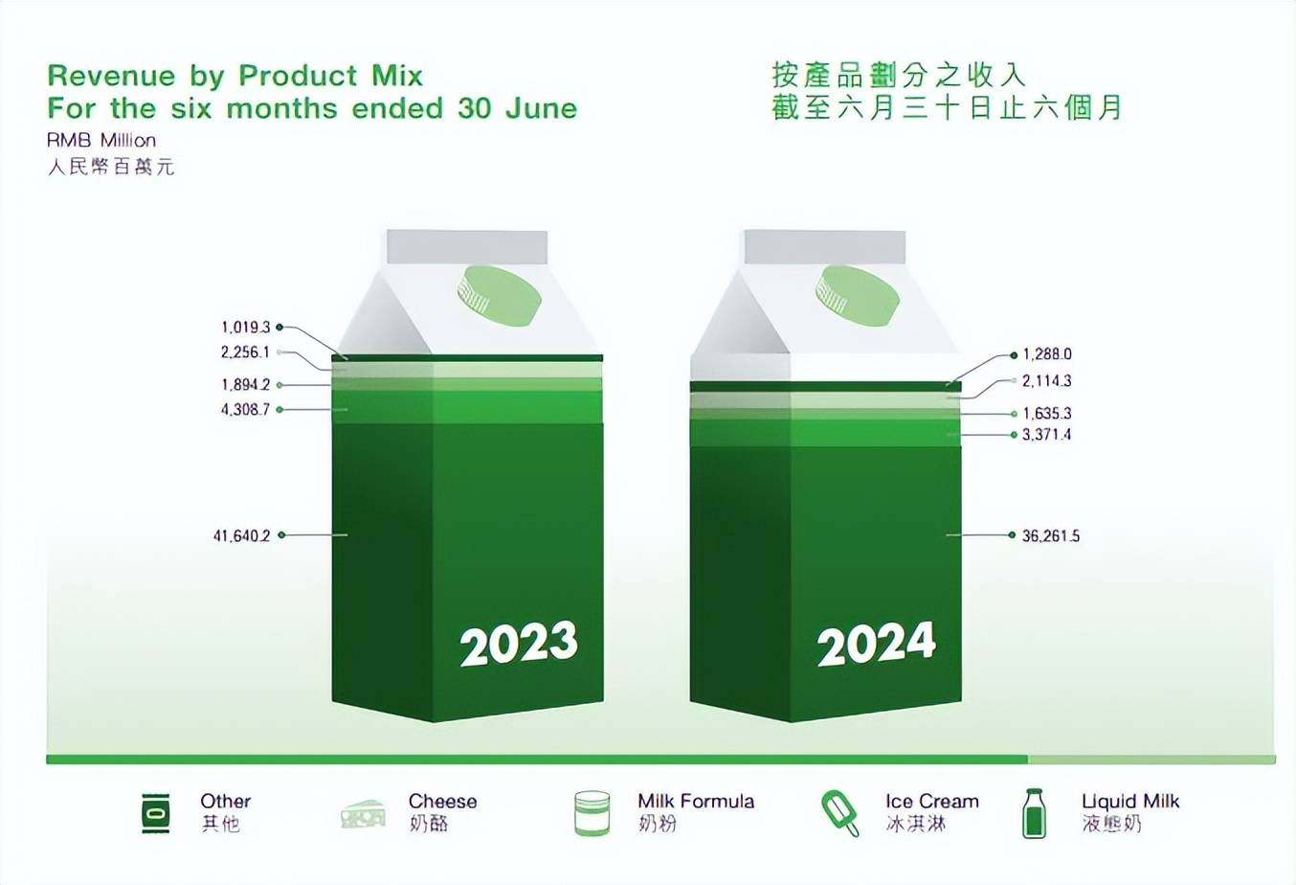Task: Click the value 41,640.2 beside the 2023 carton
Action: click(242, 536)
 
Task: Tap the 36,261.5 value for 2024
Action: click(1051, 536)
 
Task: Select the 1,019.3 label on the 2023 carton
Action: click(246, 328)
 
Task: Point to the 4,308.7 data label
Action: click(245, 410)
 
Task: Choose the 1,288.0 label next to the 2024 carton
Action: click(1047, 354)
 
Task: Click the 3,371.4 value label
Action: click(1046, 435)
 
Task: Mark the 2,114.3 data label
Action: click(1046, 381)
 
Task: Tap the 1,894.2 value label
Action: click(246, 385)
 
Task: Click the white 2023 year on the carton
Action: click(519, 643)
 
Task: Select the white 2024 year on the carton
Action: click(876, 643)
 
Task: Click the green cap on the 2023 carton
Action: click(500, 295)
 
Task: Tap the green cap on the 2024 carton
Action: click(858, 295)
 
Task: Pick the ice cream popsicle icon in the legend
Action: click(840, 812)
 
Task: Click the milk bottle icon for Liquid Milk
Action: click(1034, 812)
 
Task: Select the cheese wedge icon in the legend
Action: click(363, 814)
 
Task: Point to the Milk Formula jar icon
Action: click(592, 813)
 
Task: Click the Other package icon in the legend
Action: click(156, 813)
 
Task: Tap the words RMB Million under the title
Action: click(101, 141)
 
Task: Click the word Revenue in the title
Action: click(111, 76)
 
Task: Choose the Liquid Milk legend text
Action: click(1130, 801)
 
